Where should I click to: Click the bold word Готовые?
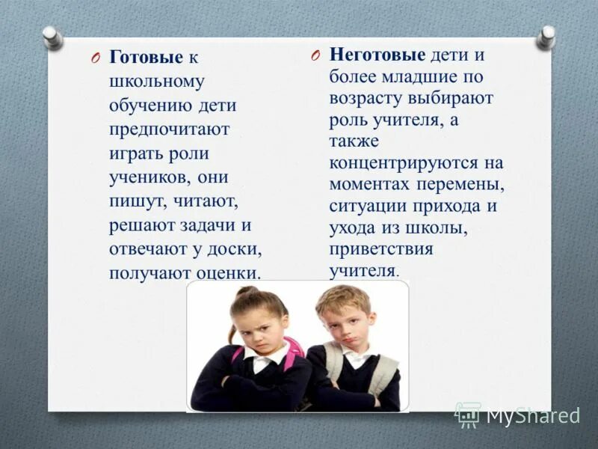[x=146, y=58]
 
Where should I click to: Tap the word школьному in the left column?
[x=156, y=81]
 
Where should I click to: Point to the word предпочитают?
[x=170, y=129]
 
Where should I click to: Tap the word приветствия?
[x=381, y=248]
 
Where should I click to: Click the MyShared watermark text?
[x=533, y=415]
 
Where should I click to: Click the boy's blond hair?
[x=342, y=299]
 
